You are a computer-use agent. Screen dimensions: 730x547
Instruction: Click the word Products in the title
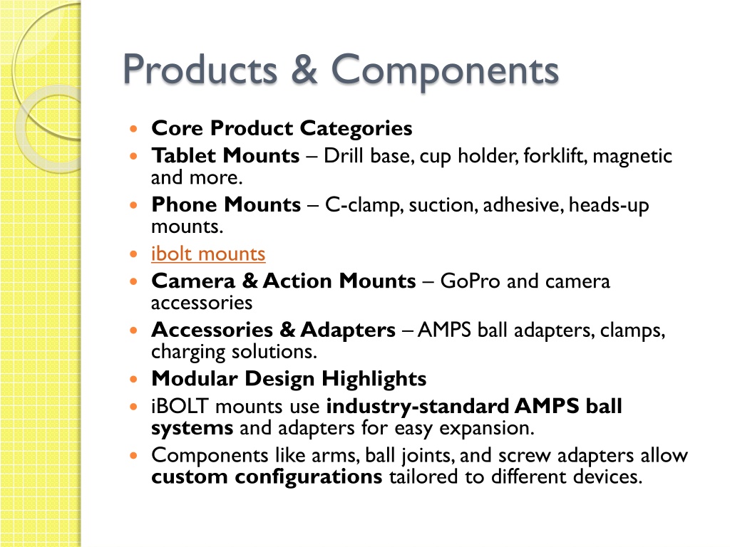click(x=200, y=70)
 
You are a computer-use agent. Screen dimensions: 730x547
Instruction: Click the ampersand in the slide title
click(x=304, y=70)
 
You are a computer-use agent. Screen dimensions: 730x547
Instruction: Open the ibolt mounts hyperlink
click(x=208, y=254)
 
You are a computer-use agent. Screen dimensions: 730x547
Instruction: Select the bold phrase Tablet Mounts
click(x=225, y=155)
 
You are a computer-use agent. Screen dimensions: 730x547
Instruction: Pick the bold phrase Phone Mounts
click(x=226, y=204)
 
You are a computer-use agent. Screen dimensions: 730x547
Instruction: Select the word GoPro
click(x=471, y=281)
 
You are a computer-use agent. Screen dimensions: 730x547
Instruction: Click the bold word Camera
click(x=193, y=281)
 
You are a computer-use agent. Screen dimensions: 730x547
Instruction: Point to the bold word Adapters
click(x=348, y=330)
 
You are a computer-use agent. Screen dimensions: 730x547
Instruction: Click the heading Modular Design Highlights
click(x=289, y=379)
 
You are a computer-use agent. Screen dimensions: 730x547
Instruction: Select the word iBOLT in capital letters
click(x=179, y=406)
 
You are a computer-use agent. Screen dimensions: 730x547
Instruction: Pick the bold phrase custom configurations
click(x=267, y=477)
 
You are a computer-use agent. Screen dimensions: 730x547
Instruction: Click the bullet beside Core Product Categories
click(x=134, y=128)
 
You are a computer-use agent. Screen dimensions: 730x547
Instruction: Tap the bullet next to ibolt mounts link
click(x=134, y=254)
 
